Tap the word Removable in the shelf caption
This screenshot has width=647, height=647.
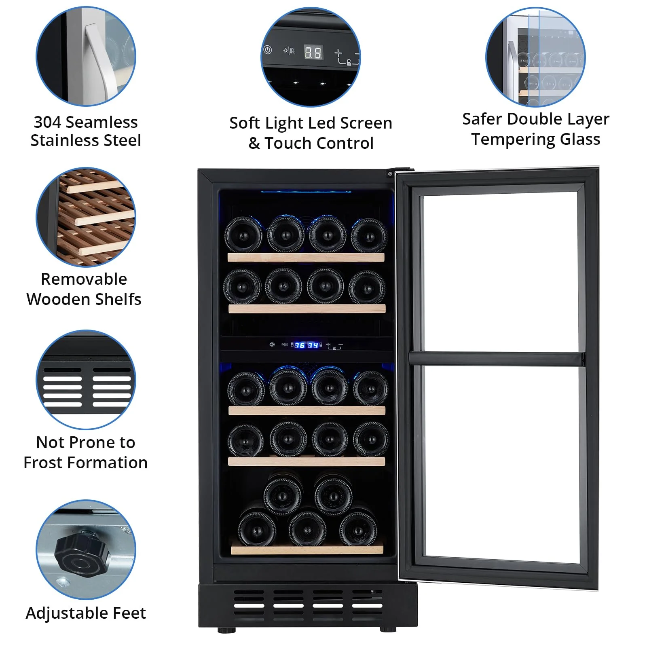coord(84,279)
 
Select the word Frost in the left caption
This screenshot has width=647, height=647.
coord(49,463)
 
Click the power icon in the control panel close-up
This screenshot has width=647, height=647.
coord(268,50)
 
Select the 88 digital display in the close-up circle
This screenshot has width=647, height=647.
coord(313,52)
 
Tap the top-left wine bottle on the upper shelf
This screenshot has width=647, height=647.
coord(243,235)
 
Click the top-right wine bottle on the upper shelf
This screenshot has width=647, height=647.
coord(369,236)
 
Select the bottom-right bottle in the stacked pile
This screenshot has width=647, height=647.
coord(358,529)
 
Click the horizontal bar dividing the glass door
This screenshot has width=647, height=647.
coord(497,358)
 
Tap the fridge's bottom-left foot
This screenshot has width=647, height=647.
coord(226,630)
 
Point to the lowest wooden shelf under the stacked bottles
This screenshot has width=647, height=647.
coord(307,550)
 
